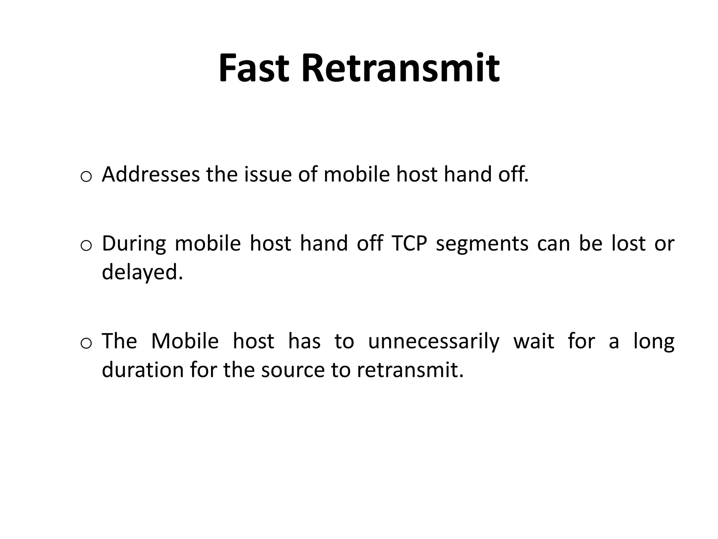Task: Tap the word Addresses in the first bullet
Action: [150, 174]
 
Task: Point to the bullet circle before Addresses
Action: [86, 177]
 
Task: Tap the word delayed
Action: [142, 272]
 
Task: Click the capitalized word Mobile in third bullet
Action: [185, 341]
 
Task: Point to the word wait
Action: [534, 341]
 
